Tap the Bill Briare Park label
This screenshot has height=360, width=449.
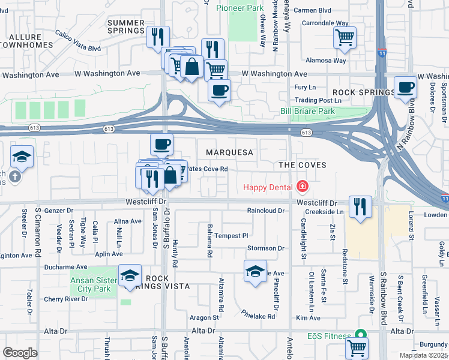307,112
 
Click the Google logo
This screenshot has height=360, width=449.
20,352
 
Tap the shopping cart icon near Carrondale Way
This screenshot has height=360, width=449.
345,38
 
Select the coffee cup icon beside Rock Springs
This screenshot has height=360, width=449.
405,88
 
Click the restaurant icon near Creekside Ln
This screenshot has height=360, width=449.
360,207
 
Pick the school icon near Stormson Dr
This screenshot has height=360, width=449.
255,272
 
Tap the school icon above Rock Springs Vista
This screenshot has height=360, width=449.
130,275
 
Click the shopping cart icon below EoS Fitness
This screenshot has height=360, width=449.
357,347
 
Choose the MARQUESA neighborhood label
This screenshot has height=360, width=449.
229,152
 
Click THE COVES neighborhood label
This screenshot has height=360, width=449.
302,165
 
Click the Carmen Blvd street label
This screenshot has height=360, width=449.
313,10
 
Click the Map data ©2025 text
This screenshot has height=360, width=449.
422,355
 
